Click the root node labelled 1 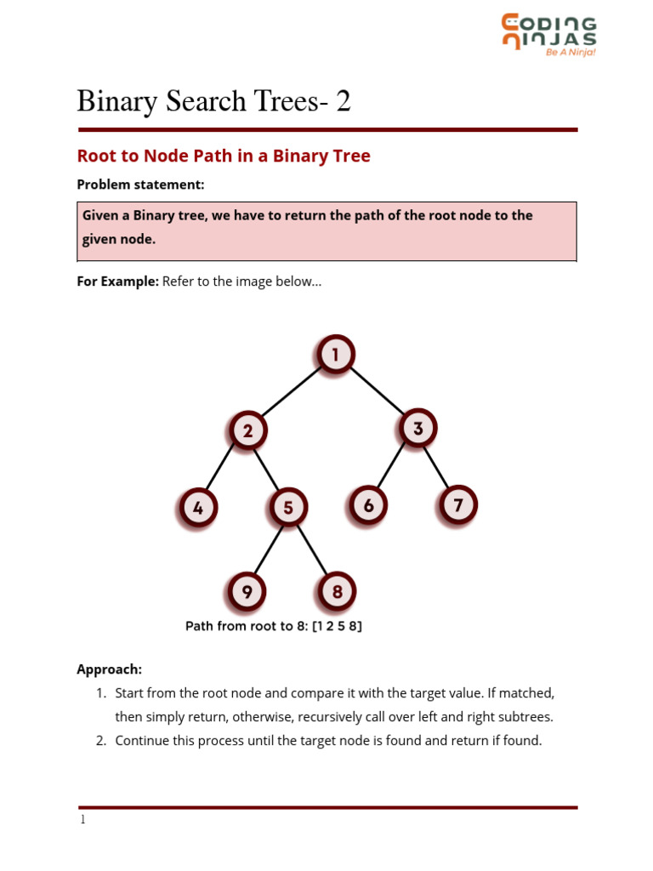pos(336,355)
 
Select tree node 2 pos(247,431)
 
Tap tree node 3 pos(417,429)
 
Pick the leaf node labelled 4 pos(198,509)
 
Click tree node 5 pos(288,509)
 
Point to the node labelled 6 pos(368,506)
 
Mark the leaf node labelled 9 pos(247,592)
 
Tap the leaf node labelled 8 pos(337,592)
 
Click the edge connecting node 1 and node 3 pos(377,391)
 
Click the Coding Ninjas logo pos(548,35)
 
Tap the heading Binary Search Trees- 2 pos(213,102)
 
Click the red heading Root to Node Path pos(224,157)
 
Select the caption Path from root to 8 pos(274,627)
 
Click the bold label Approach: pos(109,669)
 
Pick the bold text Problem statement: pos(140,185)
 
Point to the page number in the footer pos(82,820)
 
